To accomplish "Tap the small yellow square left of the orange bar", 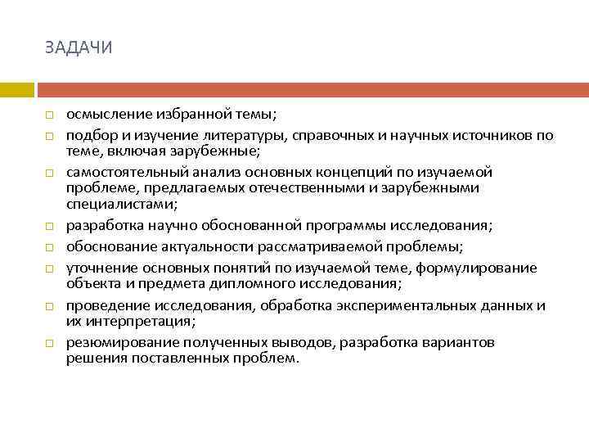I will (16, 89).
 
